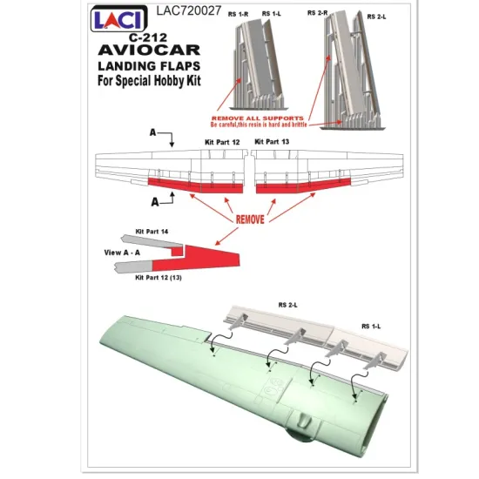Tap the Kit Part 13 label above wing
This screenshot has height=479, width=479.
273,139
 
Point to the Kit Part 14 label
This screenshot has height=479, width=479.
152,233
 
